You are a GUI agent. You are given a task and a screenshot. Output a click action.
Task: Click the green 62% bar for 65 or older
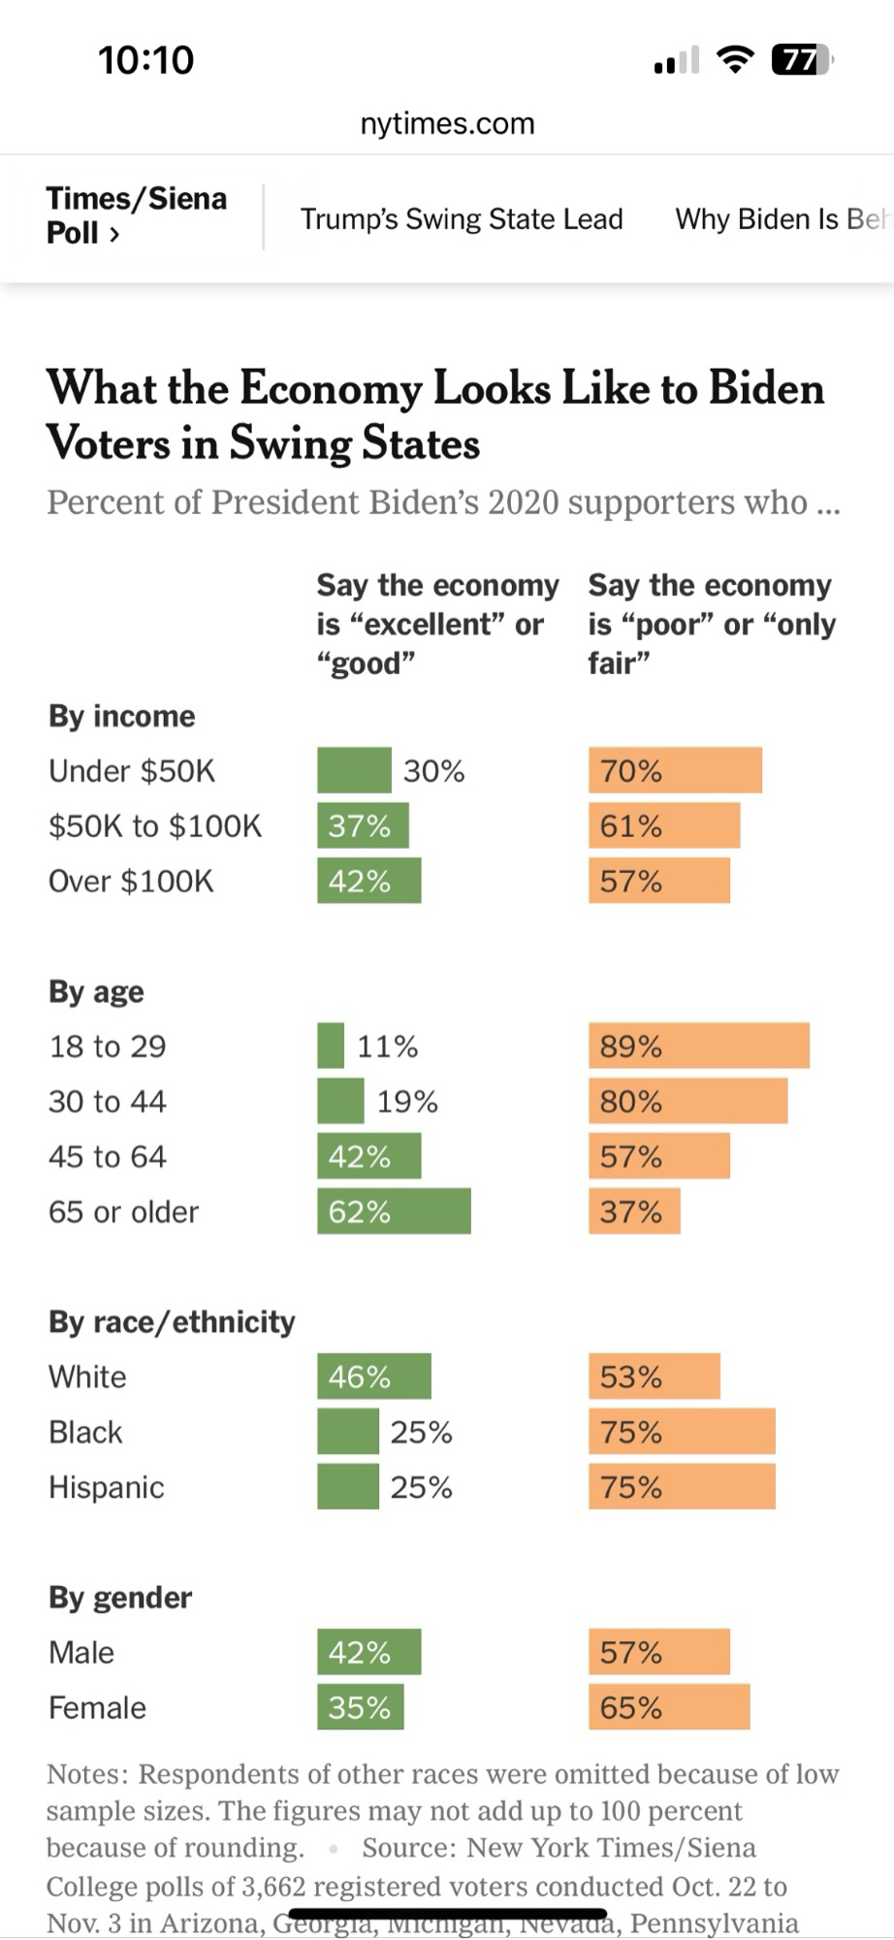point(394,1212)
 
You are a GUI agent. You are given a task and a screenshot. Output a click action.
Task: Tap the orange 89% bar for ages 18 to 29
point(698,1046)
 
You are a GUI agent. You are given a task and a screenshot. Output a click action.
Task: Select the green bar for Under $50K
point(354,770)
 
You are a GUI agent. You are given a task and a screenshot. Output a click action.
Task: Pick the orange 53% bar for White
point(654,1376)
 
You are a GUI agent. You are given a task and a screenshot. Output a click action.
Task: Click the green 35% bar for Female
point(360,1707)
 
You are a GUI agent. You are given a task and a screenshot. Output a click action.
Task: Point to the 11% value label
point(388,1047)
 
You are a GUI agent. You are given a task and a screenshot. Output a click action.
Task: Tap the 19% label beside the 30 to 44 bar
point(407,1102)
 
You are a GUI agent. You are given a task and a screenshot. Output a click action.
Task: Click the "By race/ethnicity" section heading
point(172,1322)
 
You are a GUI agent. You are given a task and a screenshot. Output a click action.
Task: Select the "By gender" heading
point(120,1598)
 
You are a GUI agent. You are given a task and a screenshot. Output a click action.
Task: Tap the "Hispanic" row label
point(107,1487)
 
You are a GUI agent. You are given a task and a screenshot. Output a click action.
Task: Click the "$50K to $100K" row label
point(155,826)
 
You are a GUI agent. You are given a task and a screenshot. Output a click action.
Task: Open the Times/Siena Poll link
point(136,215)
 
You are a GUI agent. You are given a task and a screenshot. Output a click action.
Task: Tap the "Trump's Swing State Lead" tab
point(462,219)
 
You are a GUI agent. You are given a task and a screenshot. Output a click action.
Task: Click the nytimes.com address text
point(447,124)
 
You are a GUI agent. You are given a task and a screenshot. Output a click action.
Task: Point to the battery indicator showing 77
point(801,60)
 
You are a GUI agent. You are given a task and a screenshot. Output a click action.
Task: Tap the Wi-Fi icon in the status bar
point(736,60)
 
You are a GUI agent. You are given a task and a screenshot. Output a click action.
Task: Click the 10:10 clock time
point(146,60)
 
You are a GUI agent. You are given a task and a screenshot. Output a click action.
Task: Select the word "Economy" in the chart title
point(331,389)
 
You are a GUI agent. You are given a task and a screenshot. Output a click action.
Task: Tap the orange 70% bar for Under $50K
point(675,770)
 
